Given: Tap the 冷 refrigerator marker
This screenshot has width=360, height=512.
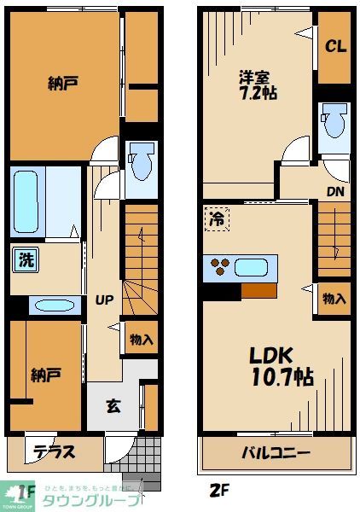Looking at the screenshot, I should pyautogui.click(x=218, y=218).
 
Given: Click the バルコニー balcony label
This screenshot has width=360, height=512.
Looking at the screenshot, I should pyautogui.click(x=273, y=451).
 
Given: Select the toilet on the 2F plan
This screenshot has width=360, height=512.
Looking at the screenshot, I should pyautogui.click(x=334, y=122).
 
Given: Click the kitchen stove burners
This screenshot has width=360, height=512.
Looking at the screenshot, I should pyautogui.click(x=219, y=267).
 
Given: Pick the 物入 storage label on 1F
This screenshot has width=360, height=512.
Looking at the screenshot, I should pyautogui.click(x=141, y=339).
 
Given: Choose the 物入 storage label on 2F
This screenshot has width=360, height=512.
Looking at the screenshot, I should pyautogui.click(x=334, y=299).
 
